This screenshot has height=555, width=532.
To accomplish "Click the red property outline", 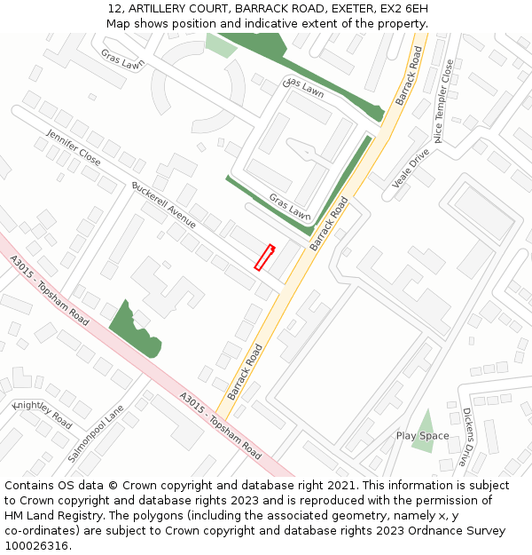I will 264,257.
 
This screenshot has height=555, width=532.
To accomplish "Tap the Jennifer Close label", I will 74,147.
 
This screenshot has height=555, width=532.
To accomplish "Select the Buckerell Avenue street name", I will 164,205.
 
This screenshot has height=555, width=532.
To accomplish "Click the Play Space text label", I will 423,436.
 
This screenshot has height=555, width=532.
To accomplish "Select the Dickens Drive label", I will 467,437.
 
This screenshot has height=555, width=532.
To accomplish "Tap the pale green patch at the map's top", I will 221,45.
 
